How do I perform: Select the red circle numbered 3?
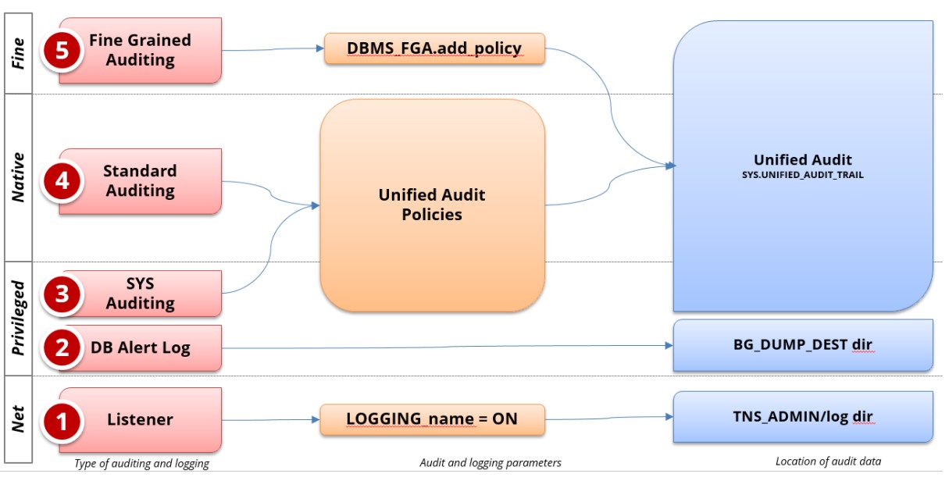(x=62, y=294)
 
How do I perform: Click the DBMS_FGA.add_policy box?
(x=433, y=49)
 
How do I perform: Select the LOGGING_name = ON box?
(x=432, y=419)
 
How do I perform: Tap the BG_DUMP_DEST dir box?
(x=803, y=344)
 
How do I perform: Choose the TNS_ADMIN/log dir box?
(x=803, y=417)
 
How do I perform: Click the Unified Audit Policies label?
(x=432, y=205)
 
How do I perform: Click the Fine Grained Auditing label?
(x=140, y=49)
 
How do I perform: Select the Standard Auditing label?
(x=140, y=180)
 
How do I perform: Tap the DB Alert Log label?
(x=141, y=348)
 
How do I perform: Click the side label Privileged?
(x=19, y=317)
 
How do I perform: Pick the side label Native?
(x=19, y=179)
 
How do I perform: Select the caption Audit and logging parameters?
(x=490, y=463)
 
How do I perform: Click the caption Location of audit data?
(x=828, y=461)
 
